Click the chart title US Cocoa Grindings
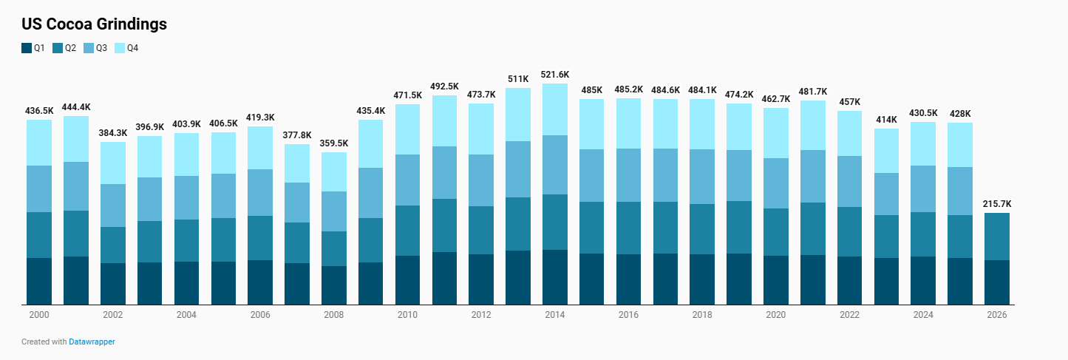[x=94, y=24]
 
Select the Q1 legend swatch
[x=27, y=48]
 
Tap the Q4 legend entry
[x=126, y=48]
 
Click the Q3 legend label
[x=101, y=48]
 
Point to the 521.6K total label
[x=555, y=75]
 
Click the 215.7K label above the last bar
[x=997, y=203]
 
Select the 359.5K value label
[x=334, y=143]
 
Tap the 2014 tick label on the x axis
[x=555, y=315]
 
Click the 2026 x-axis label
[x=997, y=315]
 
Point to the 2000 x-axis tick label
[x=39, y=315]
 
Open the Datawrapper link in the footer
[x=92, y=342]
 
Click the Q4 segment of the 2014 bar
[x=555, y=109]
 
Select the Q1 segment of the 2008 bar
[x=334, y=285]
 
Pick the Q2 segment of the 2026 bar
[x=997, y=237]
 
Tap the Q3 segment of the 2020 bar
[x=776, y=183]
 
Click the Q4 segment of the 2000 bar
[x=39, y=143]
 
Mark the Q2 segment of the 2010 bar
[x=408, y=231]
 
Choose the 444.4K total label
[x=76, y=106]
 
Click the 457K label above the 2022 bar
[x=850, y=101]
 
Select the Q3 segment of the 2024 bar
[x=923, y=189]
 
